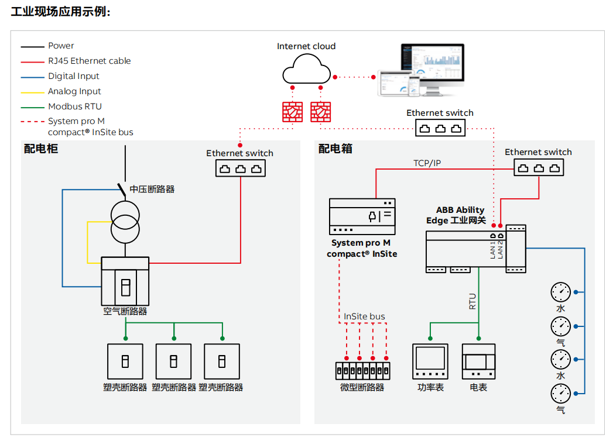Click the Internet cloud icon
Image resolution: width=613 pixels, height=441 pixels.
(x=306, y=68)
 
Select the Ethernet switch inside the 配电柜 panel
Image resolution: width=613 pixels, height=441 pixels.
(x=240, y=168)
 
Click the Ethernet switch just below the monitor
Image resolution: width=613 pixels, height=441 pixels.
(x=440, y=128)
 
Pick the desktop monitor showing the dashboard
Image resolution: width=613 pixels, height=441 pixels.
(x=431, y=66)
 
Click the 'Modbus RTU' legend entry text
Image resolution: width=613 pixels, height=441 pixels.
(x=75, y=106)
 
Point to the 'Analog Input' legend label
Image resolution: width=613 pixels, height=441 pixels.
(x=74, y=91)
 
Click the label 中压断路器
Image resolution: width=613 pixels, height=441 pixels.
(x=152, y=189)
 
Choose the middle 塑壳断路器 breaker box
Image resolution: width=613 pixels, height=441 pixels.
(x=173, y=361)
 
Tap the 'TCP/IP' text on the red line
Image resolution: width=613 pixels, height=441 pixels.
(x=427, y=163)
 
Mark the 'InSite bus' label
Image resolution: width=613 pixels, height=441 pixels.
(x=364, y=316)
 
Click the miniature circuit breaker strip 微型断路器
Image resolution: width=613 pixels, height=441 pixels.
(x=362, y=370)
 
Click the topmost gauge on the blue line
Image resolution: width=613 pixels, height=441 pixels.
(x=560, y=291)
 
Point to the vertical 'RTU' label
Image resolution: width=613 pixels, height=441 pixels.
(x=472, y=301)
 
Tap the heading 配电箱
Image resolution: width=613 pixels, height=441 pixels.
(x=335, y=149)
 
